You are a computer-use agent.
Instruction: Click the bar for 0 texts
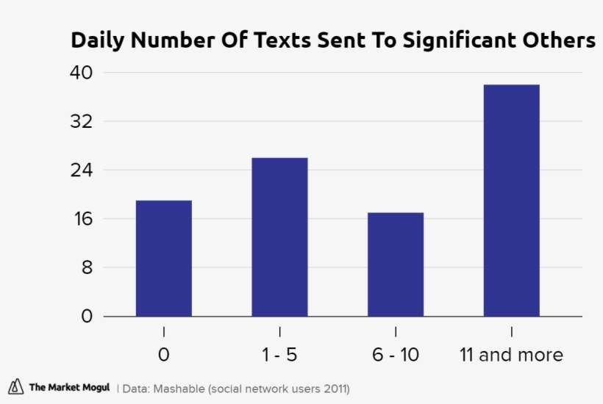tap(163, 258)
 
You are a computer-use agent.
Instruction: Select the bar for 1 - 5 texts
tap(279, 237)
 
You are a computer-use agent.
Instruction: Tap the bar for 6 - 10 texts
tap(396, 264)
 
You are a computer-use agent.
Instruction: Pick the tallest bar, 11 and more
tap(511, 201)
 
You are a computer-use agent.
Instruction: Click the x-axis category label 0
tap(163, 356)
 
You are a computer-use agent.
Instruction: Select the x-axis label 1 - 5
tap(279, 356)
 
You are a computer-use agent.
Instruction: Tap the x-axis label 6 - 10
tap(396, 356)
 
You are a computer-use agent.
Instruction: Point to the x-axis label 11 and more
tap(511, 356)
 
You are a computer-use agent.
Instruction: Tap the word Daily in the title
tap(96, 41)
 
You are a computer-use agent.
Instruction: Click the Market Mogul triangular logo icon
tap(16, 387)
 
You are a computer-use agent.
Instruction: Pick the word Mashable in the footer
tap(179, 388)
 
